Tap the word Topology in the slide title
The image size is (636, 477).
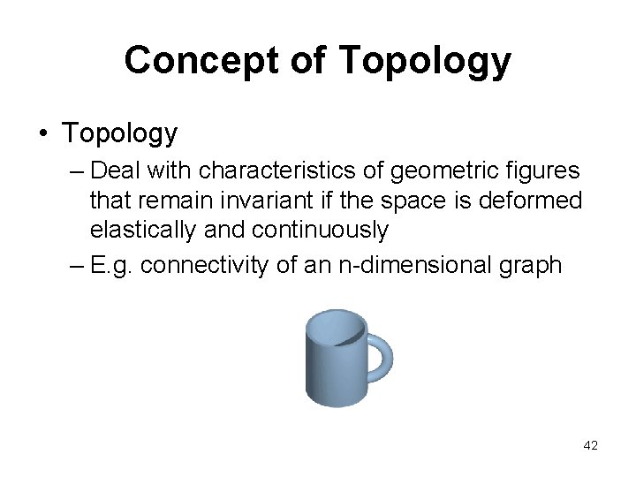pyautogui.click(x=424, y=60)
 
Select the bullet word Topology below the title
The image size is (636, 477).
pyautogui.click(x=119, y=133)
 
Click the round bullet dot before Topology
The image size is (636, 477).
pyautogui.click(x=43, y=133)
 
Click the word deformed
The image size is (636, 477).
pyautogui.click(x=530, y=200)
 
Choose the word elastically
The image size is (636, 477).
pyautogui.click(x=145, y=231)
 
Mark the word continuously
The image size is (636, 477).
pyautogui.click(x=320, y=231)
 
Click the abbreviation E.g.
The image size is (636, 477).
pyautogui.click(x=111, y=264)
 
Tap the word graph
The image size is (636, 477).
pyautogui.click(x=530, y=264)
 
